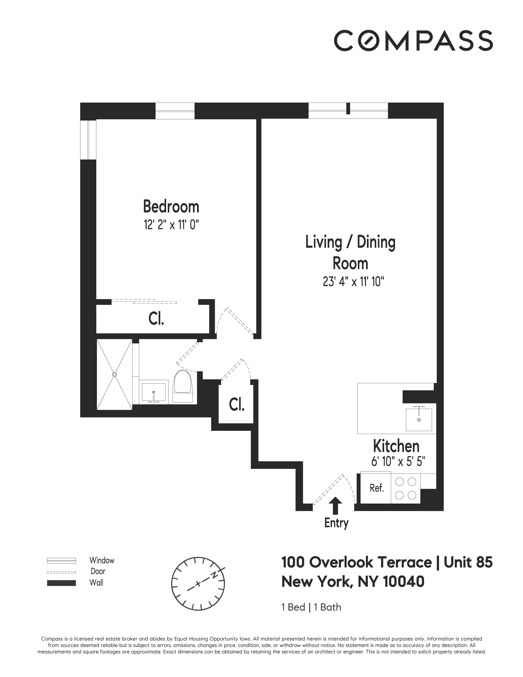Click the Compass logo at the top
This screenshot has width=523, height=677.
[x=413, y=40]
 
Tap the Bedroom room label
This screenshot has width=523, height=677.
[x=171, y=207]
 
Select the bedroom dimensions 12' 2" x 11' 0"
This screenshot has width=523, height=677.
[x=171, y=225]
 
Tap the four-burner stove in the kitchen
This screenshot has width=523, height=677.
[x=406, y=488]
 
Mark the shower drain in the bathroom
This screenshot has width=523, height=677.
[x=115, y=375]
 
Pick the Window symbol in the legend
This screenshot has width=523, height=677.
[x=61, y=560]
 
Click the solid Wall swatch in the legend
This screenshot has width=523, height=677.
[x=61, y=583]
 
